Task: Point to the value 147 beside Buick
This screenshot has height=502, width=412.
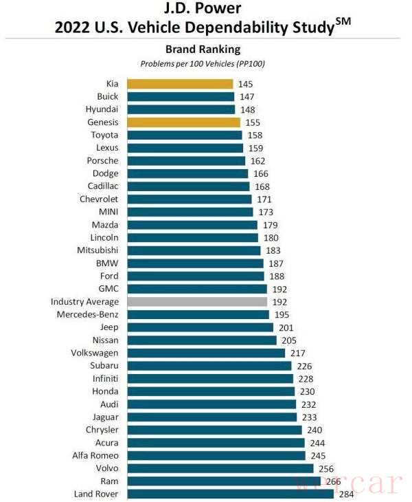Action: (246, 97)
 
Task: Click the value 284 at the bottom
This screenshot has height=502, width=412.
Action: (345, 494)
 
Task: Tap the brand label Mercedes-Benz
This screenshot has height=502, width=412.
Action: (88, 314)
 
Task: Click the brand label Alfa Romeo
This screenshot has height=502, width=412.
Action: (95, 455)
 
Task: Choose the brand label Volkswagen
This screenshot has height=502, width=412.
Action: (93, 353)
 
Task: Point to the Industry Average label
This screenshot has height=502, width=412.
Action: (84, 301)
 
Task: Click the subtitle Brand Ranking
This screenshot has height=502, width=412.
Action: (203, 50)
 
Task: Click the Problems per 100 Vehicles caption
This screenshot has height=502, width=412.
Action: (203, 64)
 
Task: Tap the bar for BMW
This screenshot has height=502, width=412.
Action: (194, 263)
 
